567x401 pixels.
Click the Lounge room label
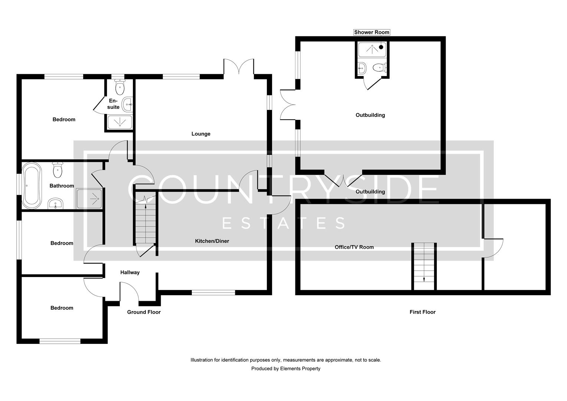pyautogui.click(x=201, y=134)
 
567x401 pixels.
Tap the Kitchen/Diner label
pyautogui.click(x=212, y=241)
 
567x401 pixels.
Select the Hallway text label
pyautogui.click(x=130, y=273)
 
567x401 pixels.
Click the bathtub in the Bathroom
pyautogui.click(x=32, y=186)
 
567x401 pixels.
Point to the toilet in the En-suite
pyautogui.click(x=119, y=88)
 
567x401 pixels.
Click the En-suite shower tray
pyautogui.click(x=119, y=122)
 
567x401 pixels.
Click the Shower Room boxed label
pyautogui.click(x=371, y=32)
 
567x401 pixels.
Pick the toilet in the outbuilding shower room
pyautogui.click(x=379, y=68)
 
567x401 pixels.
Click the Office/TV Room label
pyautogui.click(x=354, y=247)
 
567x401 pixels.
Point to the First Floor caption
pyautogui.click(x=422, y=312)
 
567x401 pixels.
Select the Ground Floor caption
pyautogui.click(x=144, y=312)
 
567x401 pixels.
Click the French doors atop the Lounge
pyautogui.click(x=239, y=68)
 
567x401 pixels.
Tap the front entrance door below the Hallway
pyautogui.click(x=129, y=291)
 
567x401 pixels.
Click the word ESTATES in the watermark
pyautogui.click(x=283, y=223)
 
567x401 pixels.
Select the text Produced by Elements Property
pyautogui.click(x=285, y=369)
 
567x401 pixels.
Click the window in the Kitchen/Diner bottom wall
pyautogui.click(x=213, y=293)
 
